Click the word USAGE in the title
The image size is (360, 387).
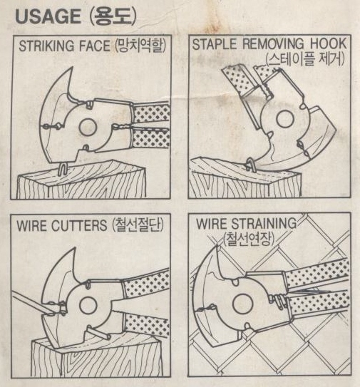(x=48, y=16)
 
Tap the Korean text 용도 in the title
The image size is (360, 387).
(x=113, y=17)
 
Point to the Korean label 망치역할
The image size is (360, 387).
(x=140, y=46)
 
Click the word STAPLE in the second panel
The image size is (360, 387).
(x=215, y=44)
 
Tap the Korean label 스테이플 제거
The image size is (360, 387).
(x=306, y=59)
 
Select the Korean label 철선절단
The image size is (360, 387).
(x=138, y=225)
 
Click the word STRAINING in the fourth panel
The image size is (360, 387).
(x=264, y=223)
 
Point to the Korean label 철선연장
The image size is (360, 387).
(x=250, y=239)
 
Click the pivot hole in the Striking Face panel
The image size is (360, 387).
(x=88, y=128)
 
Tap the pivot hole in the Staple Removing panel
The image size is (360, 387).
(x=284, y=119)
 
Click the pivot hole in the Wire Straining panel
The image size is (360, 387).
(x=242, y=303)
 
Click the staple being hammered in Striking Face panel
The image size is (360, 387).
(x=63, y=168)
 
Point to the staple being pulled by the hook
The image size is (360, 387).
(x=250, y=164)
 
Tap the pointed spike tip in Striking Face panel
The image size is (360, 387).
(x=72, y=67)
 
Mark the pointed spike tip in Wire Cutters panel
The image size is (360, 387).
(x=74, y=248)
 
